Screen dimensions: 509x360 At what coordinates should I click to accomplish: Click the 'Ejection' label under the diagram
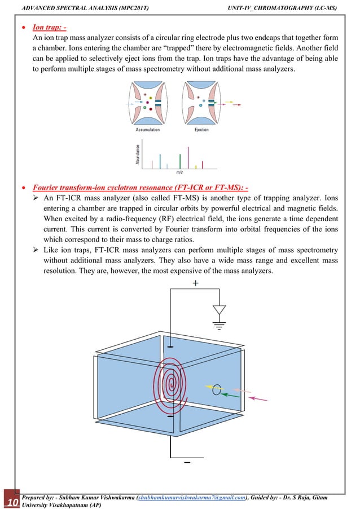201,130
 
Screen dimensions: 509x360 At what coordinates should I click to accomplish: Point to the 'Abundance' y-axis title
137,154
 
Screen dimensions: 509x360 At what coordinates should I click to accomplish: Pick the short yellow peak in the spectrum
195,166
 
